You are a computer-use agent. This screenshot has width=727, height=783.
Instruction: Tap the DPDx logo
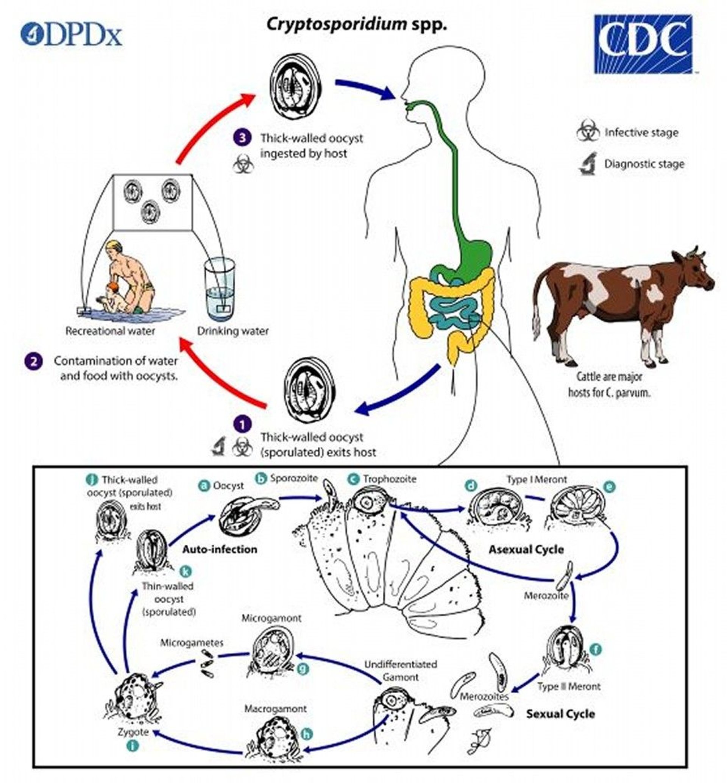[x=71, y=34]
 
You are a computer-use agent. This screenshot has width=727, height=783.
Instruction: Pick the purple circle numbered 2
[x=34, y=361]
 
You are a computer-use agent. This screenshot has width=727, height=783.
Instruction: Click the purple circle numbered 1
[x=242, y=424]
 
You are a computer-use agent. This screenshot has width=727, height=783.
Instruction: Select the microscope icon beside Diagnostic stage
[x=588, y=164]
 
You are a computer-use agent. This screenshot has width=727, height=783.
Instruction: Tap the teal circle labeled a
[x=204, y=485]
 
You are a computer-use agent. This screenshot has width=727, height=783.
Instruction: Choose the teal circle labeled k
[x=185, y=571]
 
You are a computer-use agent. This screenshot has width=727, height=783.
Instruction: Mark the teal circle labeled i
[x=134, y=746]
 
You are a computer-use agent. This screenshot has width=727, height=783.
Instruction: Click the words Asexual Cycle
[x=526, y=549]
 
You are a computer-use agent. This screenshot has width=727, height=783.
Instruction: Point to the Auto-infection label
[x=220, y=549]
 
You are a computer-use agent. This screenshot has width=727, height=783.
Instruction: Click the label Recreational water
[x=110, y=331]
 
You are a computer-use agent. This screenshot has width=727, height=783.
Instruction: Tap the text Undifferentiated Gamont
[x=401, y=671]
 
